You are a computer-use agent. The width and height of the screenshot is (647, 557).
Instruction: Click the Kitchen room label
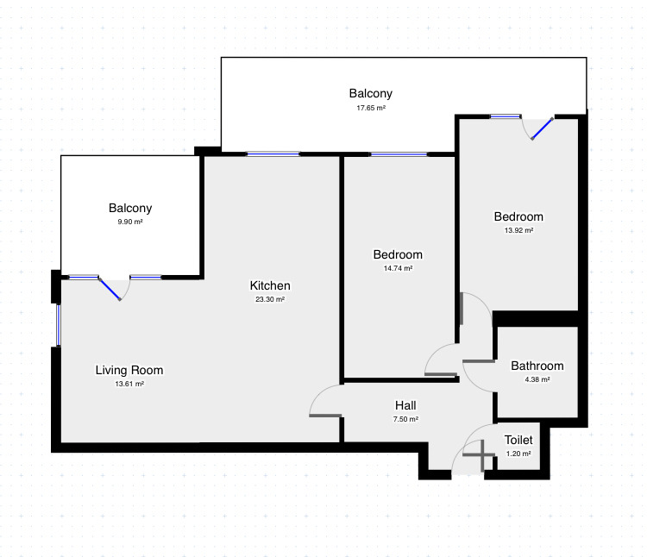(x=270, y=285)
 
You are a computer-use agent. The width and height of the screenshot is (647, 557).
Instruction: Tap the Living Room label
(x=129, y=370)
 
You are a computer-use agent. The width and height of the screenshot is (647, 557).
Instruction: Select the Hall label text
(x=405, y=405)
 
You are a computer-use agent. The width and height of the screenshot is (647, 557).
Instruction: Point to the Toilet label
(x=518, y=440)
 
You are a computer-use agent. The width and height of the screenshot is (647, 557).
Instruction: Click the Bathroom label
(x=537, y=366)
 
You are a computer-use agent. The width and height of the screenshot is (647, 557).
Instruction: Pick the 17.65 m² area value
(x=371, y=108)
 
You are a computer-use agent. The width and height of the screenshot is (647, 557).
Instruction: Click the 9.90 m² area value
(x=130, y=222)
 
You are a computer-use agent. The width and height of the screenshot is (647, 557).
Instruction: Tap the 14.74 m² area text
(x=398, y=268)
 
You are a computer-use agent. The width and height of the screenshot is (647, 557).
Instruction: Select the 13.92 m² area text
(x=518, y=230)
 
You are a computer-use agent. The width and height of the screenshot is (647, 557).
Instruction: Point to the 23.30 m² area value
(x=270, y=299)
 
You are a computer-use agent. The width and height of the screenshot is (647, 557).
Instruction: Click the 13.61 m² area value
(x=129, y=384)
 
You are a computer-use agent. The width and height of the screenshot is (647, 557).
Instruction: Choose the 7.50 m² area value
(x=405, y=419)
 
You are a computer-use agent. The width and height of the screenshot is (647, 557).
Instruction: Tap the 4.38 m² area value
(x=537, y=379)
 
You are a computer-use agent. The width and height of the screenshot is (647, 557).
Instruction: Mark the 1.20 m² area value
(x=518, y=454)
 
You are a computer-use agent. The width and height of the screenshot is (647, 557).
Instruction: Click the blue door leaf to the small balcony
(x=110, y=290)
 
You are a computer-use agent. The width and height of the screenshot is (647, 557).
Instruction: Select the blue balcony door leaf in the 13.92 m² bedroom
(x=543, y=128)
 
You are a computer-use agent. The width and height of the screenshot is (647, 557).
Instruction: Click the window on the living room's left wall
(x=58, y=325)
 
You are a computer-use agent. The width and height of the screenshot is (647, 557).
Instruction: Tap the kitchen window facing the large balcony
(x=273, y=154)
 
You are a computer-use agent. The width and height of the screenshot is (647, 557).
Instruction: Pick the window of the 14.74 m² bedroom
(x=399, y=154)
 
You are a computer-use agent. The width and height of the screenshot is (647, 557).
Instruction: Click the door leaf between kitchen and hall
(x=325, y=416)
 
